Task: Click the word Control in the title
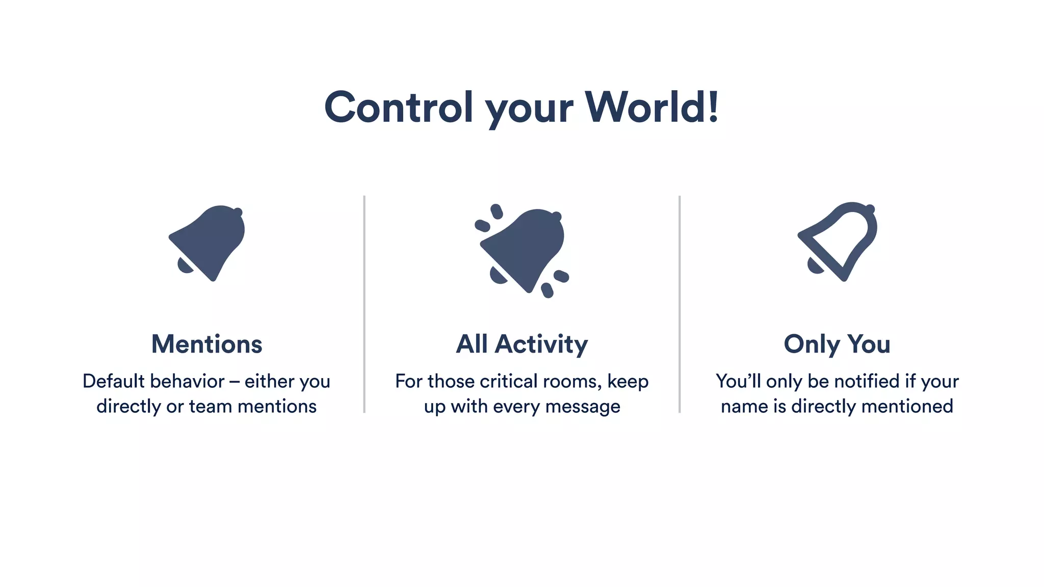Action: click(x=399, y=108)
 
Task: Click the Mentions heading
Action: click(x=206, y=344)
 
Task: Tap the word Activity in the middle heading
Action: click(x=541, y=345)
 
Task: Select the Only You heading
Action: click(x=837, y=345)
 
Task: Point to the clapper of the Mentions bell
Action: click(x=185, y=265)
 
